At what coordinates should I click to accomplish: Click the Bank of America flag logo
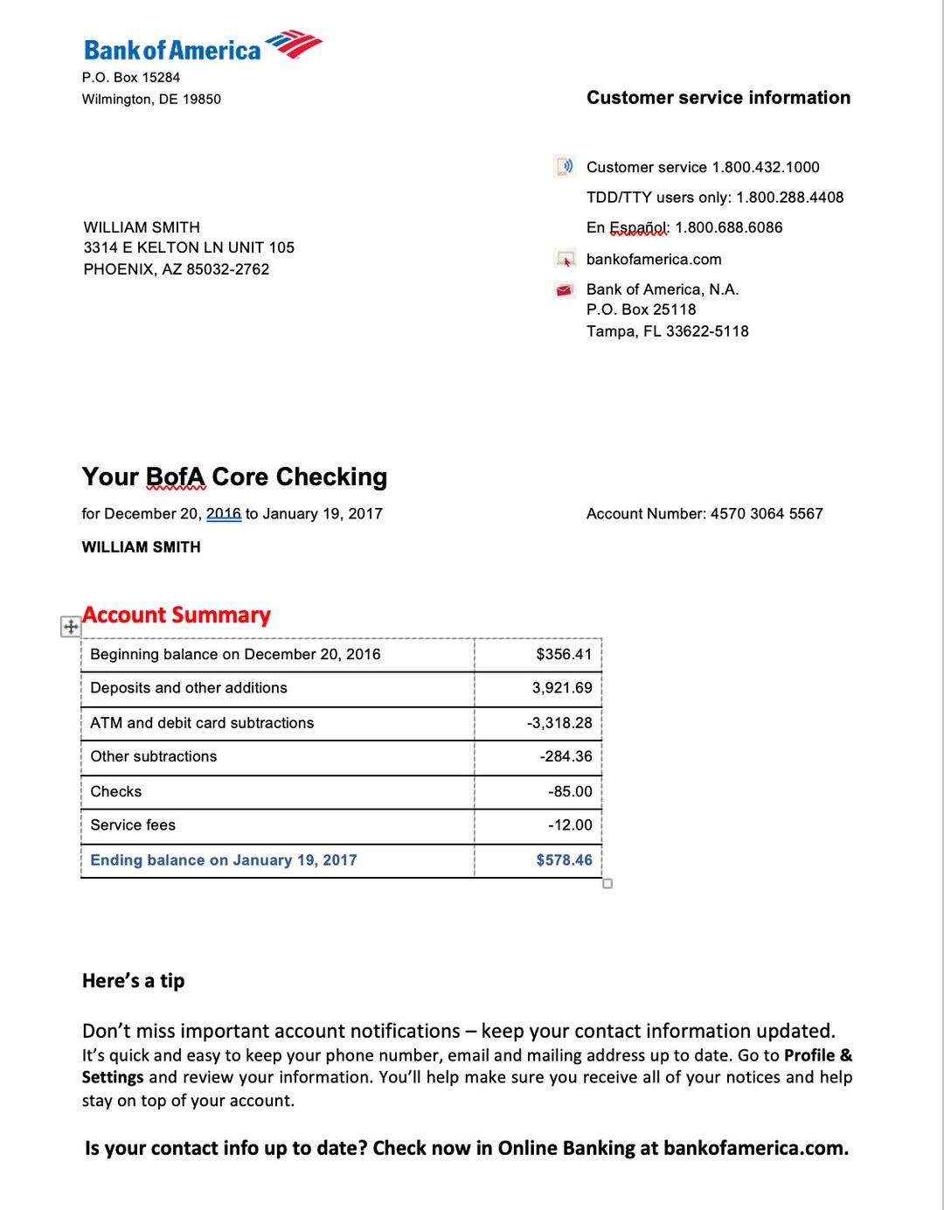point(294,44)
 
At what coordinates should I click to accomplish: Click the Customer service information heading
point(718,98)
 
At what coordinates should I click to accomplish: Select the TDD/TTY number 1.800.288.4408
point(789,198)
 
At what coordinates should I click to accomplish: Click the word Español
point(638,227)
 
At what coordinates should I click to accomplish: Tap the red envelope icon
point(565,290)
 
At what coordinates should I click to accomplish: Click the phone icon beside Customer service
point(565,166)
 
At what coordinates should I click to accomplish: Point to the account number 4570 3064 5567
point(767,514)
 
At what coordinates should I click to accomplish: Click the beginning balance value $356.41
point(564,655)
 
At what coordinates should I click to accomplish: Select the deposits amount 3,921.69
point(562,688)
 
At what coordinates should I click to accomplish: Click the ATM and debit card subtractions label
point(202,723)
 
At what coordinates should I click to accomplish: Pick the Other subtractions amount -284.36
point(566,757)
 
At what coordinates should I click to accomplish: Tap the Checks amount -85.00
point(570,792)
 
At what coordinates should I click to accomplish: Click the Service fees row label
point(133,825)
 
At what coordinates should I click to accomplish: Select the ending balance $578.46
point(564,860)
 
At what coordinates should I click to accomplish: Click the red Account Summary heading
point(177,615)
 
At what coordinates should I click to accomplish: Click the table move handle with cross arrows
point(70,626)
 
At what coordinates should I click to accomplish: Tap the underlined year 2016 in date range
point(224,514)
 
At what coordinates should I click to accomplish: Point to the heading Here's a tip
point(133,981)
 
